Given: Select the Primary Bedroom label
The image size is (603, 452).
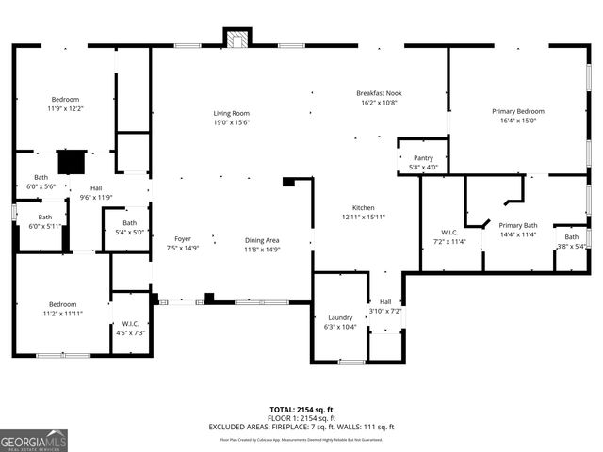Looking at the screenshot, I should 517,111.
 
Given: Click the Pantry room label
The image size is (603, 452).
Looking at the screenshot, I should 423,158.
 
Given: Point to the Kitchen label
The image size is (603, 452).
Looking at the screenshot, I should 364,207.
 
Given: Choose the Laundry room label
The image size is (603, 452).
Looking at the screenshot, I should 340,317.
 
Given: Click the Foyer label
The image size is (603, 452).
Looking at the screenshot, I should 183,239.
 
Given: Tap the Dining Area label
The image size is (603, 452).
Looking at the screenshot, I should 262,239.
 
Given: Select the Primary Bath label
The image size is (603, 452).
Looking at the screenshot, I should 517,225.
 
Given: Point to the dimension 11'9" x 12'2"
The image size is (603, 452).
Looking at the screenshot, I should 65,108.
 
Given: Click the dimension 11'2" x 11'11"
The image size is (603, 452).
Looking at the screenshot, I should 63,313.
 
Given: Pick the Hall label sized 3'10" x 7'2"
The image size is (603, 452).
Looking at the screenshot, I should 384,301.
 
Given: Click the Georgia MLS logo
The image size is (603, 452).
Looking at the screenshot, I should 34,440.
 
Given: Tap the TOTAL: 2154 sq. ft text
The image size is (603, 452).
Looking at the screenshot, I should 301,410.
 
